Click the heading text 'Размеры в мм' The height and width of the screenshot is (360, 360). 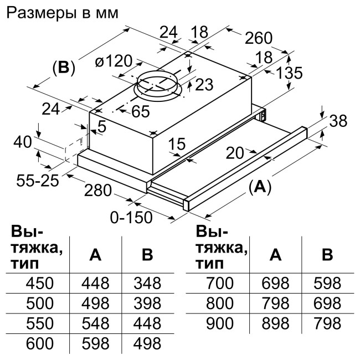click(x=61, y=13)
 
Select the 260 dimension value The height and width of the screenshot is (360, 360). click(x=259, y=38)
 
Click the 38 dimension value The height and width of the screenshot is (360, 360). click(x=340, y=121)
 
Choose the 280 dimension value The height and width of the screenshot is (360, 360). click(x=99, y=191)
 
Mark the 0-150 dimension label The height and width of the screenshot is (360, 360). click(x=131, y=217)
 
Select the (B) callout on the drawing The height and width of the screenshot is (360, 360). click(x=63, y=68)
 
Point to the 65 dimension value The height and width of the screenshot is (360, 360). click(x=140, y=111)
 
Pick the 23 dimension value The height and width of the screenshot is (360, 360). click(x=204, y=85)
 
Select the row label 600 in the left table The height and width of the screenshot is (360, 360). click(x=40, y=343)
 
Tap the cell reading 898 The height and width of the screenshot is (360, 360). click(x=275, y=323)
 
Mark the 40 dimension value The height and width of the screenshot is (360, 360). click(x=22, y=142)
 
